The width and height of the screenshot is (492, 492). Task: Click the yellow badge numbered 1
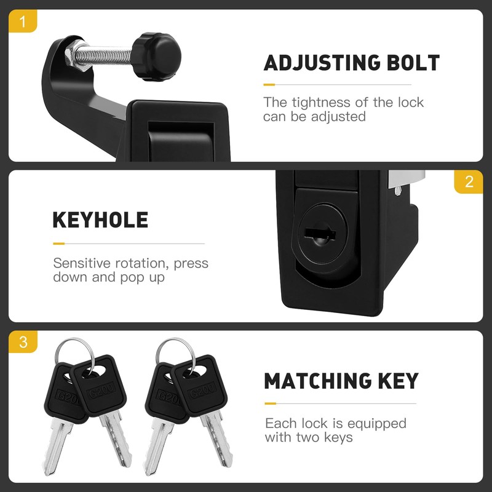[x=23, y=23]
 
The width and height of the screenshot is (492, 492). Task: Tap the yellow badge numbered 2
[x=469, y=182]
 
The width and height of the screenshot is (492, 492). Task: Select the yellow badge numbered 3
[x=23, y=343]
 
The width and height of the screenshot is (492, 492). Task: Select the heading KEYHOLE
[x=100, y=220]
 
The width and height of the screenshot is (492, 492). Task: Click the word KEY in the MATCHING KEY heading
[x=399, y=381]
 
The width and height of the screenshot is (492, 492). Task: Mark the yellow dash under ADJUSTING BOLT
[x=269, y=84]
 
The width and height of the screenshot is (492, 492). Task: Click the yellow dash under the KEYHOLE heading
[x=58, y=243]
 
